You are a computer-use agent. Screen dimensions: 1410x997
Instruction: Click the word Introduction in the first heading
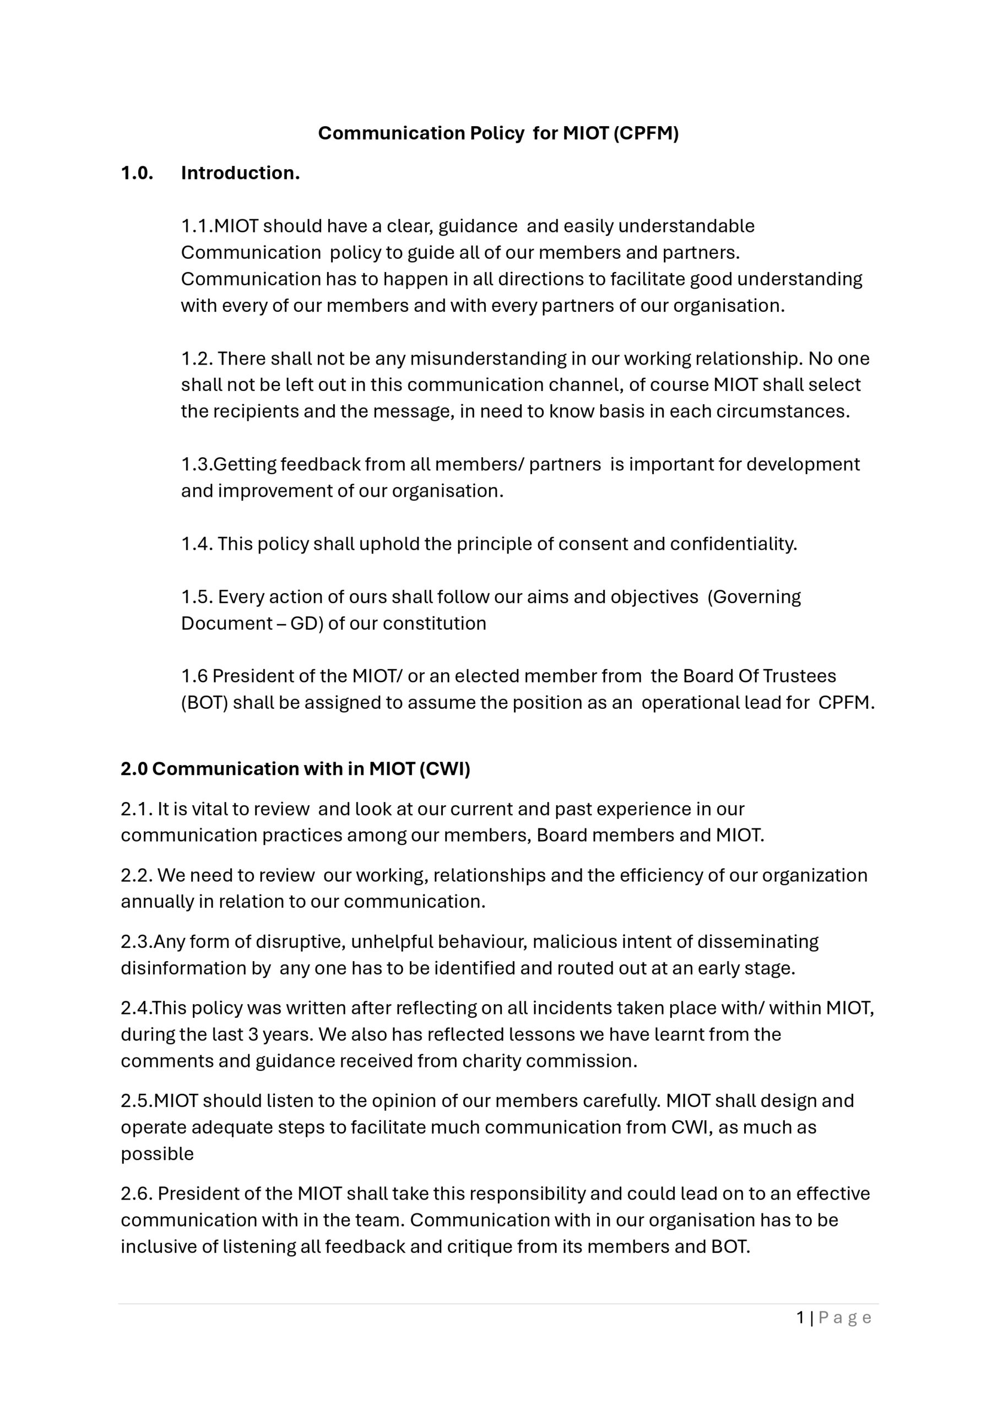tap(240, 173)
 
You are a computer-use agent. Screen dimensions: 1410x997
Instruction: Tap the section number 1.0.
tap(137, 173)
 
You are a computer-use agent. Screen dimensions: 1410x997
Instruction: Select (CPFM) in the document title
tap(646, 133)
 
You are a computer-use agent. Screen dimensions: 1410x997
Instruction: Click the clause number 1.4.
tap(197, 544)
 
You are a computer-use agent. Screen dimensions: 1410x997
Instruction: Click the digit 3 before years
tap(252, 1034)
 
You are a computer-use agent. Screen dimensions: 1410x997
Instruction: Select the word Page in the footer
tap(844, 1317)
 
